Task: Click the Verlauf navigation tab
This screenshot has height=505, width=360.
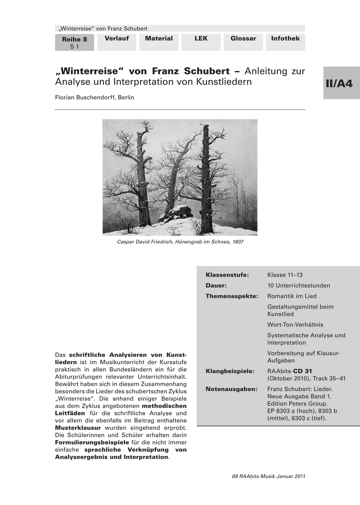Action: point(117,39)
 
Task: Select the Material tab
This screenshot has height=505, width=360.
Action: point(159,39)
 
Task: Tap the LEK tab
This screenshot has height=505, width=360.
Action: point(201,39)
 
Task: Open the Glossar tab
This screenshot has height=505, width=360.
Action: point(243,39)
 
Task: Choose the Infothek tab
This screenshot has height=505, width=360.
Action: point(285,39)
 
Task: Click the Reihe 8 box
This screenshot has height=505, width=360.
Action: point(75,43)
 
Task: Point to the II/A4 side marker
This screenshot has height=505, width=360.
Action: point(341,83)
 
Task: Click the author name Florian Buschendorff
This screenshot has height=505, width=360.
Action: point(94,97)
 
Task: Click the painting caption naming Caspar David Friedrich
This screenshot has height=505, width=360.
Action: point(180,242)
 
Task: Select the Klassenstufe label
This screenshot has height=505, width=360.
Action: point(227,275)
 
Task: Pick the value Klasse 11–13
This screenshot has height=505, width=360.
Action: point(285,275)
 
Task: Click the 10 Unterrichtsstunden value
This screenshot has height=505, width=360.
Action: point(299,286)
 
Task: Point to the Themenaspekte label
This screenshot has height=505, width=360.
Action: point(232,296)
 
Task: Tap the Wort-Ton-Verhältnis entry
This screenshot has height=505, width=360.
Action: point(295,325)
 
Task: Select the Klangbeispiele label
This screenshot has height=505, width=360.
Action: point(230,371)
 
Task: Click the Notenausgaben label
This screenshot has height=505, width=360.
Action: point(231,389)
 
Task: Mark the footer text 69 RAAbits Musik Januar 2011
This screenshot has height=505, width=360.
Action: point(268,476)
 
